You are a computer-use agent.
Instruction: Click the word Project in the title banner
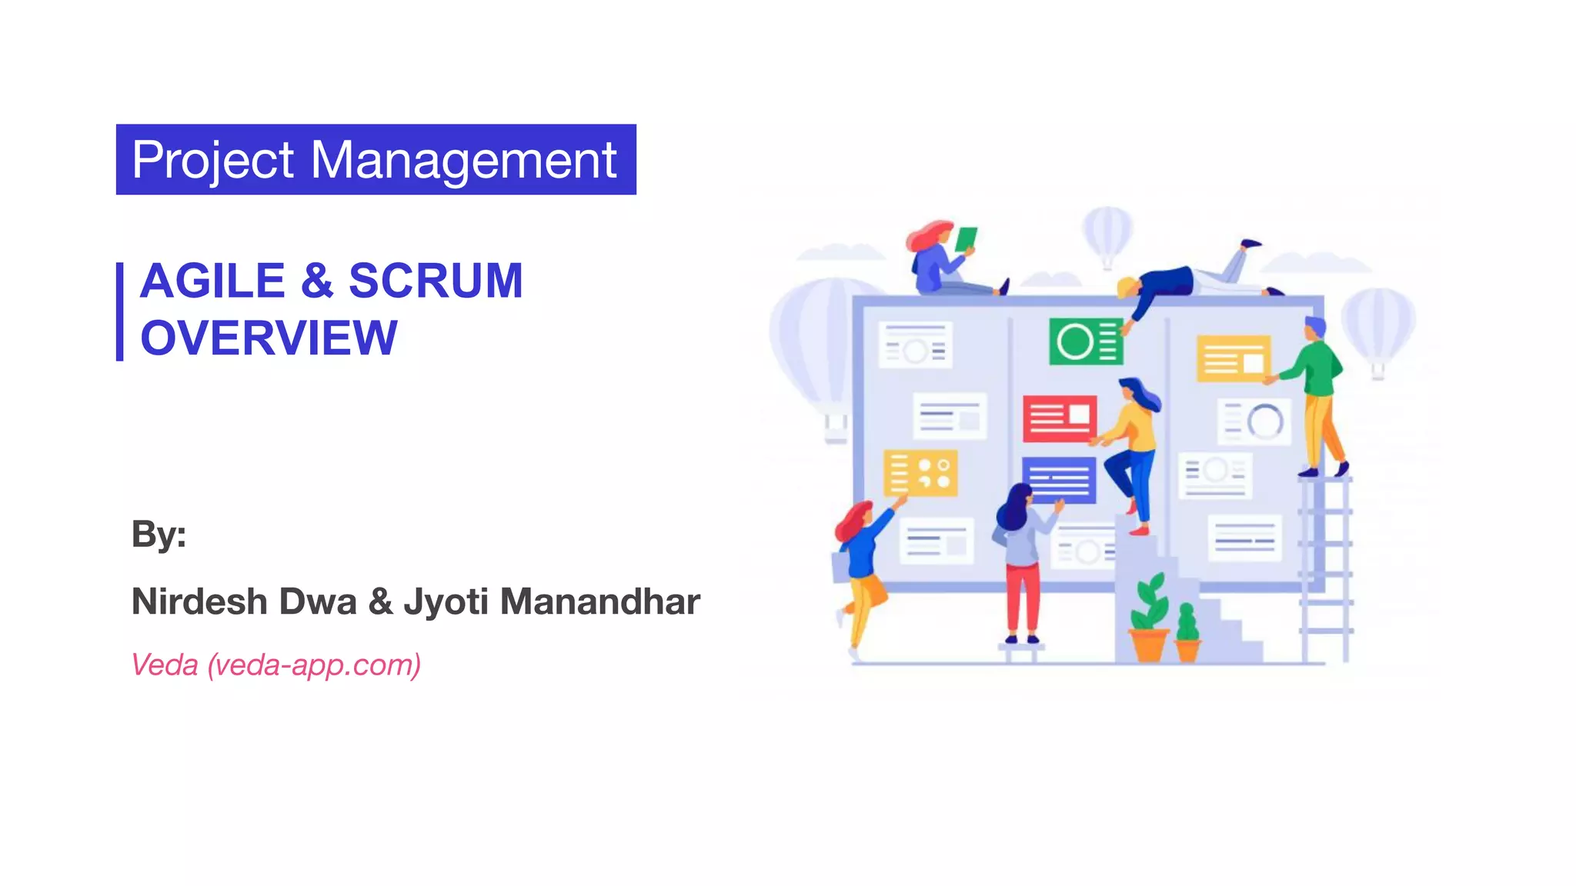pyautogui.click(x=212, y=161)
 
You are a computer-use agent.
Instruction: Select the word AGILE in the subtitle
pyautogui.click(x=212, y=281)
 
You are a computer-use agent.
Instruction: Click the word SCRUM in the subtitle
pyautogui.click(x=436, y=281)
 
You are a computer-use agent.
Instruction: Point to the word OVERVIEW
pyautogui.click(x=269, y=338)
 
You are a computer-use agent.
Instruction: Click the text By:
pyautogui.click(x=159, y=534)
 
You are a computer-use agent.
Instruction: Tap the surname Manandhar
pyautogui.click(x=599, y=601)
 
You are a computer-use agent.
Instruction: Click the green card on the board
pyautogui.click(x=1085, y=341)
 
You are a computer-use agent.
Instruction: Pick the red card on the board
pyautogui.click(x=1059, y=418)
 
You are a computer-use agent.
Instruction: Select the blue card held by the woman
pyautogui.click(x=1058, y=479)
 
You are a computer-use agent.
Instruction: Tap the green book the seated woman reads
pyautogui.click(x=966, y=239)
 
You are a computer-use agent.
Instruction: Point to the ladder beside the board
pyautogui.click(x=1325, y=569)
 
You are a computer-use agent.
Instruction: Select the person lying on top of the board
pyautogui.click(x=1189, y=281)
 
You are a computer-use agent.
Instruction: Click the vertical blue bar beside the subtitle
pyautogui.click(x=120, y=311)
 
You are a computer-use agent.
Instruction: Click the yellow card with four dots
pyautogui.click(x=920, y=472)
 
